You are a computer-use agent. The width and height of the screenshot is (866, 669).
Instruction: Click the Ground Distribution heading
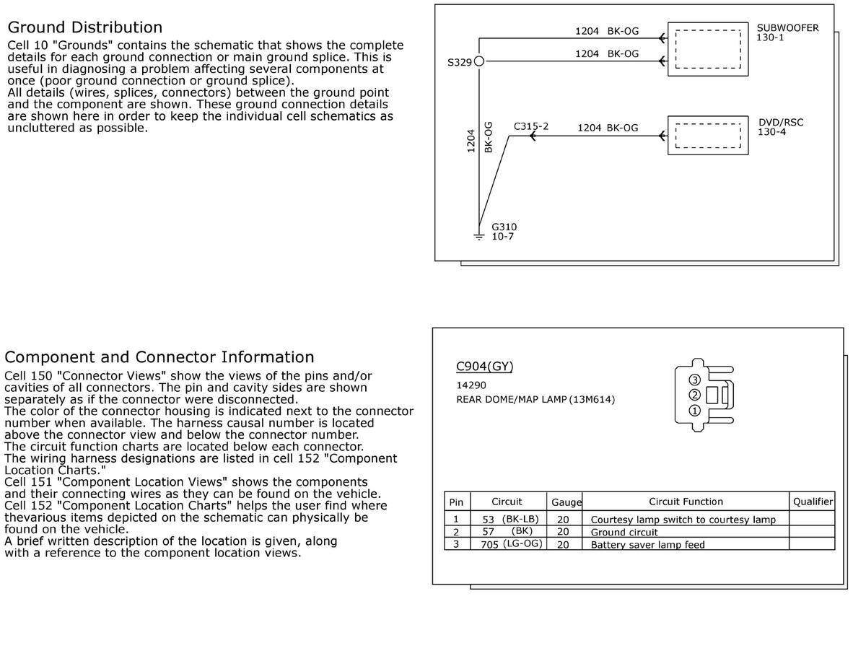[x=84, y=27]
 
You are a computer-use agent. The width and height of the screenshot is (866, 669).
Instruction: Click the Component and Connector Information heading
[x=159, y=357]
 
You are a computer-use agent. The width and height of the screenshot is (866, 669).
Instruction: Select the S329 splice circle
[x=478, y=62]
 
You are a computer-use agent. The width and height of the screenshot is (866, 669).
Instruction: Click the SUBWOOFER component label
[x=787, y=28]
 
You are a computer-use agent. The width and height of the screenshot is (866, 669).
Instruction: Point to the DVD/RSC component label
[x=780, y=122]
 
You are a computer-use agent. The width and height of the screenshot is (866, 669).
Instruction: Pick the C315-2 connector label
[x=530, y=126]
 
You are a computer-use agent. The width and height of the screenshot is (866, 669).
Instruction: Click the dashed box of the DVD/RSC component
[x=707, y=135]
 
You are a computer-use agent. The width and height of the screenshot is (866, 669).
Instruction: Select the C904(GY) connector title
[x=484, y=366]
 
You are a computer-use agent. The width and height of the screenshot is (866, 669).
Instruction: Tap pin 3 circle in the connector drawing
[x=694, y=380]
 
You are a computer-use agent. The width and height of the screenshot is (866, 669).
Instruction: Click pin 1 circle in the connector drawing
[x=694, y=411]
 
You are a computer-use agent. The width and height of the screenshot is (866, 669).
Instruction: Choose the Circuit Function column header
[x=685, y=502]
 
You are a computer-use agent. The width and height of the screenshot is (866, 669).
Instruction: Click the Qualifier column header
[x=813, y=502]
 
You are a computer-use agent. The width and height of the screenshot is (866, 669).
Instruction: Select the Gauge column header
[x=567, y=502]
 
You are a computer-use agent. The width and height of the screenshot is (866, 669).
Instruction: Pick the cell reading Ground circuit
[x=624, y=533]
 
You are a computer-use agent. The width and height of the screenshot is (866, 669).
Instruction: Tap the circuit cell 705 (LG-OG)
[x=511, y=544]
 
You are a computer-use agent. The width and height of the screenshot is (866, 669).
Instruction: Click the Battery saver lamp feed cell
[x=647, y=545]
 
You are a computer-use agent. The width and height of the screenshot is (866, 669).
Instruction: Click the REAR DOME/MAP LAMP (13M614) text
[x=535, y=399]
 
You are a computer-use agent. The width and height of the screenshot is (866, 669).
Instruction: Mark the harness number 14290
[x=471, y=385]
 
